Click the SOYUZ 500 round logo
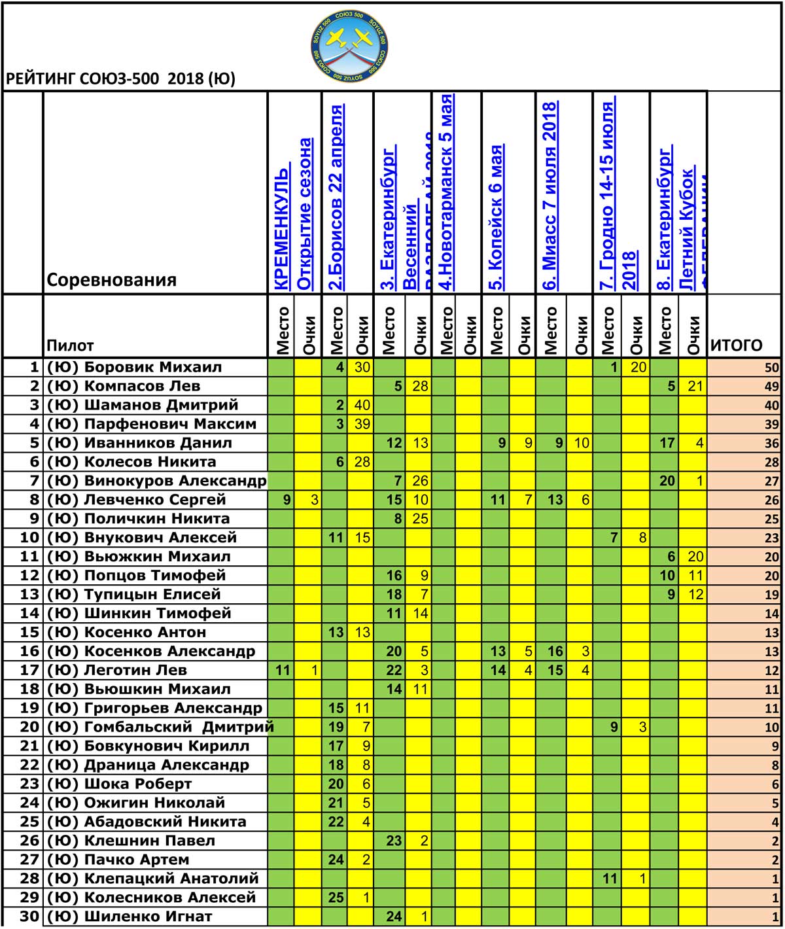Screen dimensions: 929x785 pos(348,46)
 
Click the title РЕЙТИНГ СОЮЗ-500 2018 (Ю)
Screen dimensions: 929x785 pos(120,79)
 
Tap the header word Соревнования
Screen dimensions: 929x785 pos(112,280)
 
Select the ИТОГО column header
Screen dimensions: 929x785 pos(736,345)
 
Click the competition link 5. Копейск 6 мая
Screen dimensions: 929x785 pos(497,217)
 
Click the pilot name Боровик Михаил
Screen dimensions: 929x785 pos(153,367)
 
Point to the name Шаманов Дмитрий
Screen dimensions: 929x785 pos(161,405)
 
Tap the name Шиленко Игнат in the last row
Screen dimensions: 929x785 pos(148,917)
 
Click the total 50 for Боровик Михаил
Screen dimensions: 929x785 pos(772,368)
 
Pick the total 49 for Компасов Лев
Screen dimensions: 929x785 pos(772,387)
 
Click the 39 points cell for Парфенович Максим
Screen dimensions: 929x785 pos(362,424)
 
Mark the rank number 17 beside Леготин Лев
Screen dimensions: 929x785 pos(29,671)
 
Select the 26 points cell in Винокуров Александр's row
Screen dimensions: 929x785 pos(420,481)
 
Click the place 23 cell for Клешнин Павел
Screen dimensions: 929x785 pos(394,841)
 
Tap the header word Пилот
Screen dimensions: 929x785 pos(70,345)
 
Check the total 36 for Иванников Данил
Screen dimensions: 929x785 pos(772,444)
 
